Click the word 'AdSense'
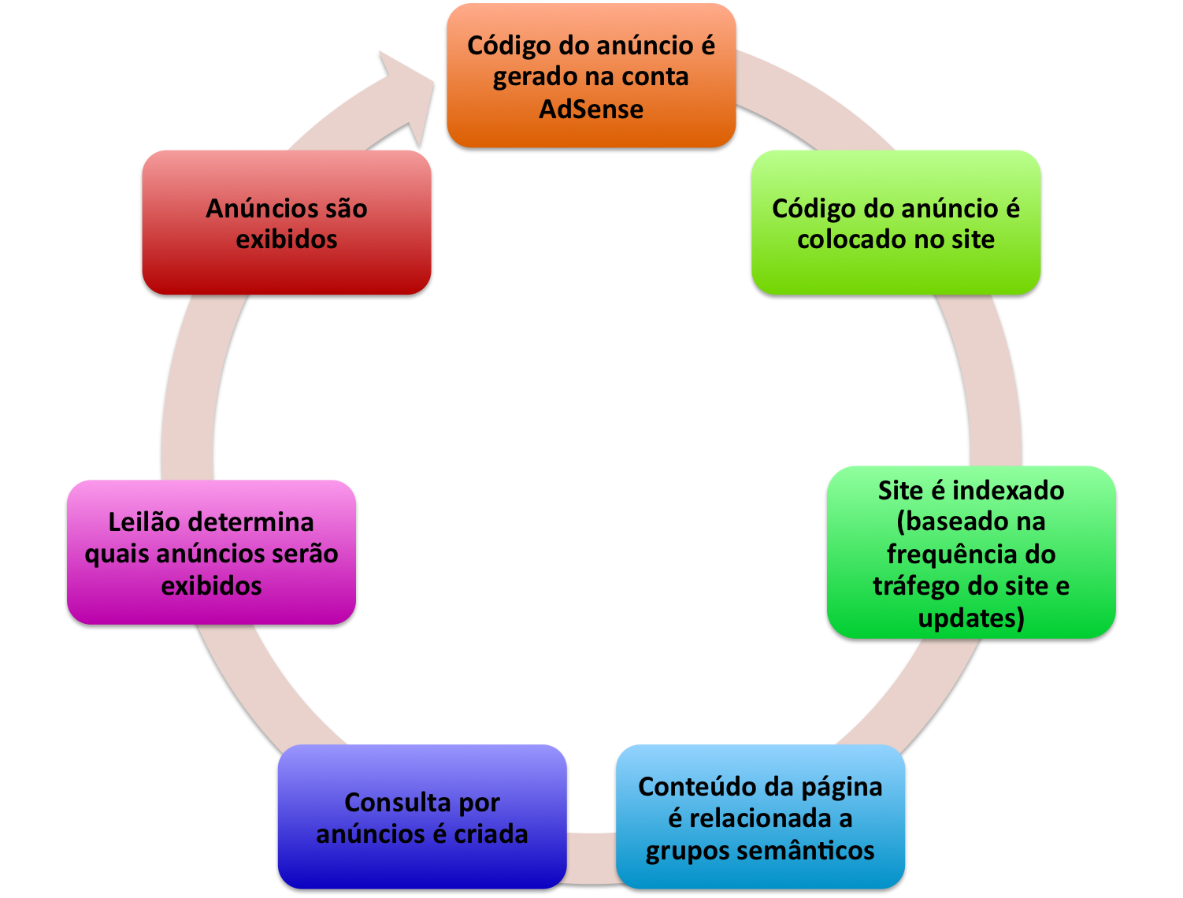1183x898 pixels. tap(591, 109)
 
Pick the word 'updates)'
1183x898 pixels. tap(971, 618)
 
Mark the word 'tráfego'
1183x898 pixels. tap(916, 586)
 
